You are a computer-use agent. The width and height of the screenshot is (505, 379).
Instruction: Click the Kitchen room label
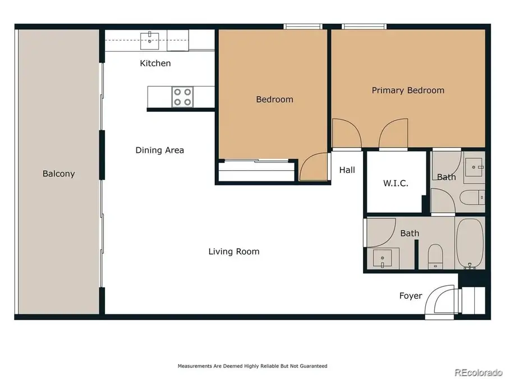[x=155, y=63]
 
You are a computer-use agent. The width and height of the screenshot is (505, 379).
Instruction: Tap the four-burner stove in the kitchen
[x=182, y=97]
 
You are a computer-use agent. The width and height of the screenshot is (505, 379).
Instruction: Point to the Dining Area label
[x=159, y=150]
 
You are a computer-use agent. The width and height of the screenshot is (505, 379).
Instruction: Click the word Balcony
[x=58, y=173]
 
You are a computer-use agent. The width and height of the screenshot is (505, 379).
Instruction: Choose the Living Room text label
[x=234, y=251]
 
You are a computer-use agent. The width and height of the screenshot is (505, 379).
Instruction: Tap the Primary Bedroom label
[x=408, y=90]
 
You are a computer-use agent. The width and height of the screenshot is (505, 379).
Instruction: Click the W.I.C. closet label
[x=396, y=183]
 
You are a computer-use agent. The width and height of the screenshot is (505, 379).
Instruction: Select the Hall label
[x=347, y=170]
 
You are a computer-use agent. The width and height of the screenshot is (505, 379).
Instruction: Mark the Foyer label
[x=410, y=295]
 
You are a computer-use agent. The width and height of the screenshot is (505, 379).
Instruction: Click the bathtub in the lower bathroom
[x=470, y=244]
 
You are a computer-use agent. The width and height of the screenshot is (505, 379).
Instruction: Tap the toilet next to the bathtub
[x=435, y=256]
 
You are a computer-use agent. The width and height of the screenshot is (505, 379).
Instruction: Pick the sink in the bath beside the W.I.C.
[x=475, y=166]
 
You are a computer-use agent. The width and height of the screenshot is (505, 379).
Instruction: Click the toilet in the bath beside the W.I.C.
[x=472, y=197]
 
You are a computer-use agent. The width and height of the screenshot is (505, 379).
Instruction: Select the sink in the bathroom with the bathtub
[x=384, y=260]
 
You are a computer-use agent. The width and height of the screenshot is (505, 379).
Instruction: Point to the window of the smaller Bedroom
[x=303, y=26]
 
